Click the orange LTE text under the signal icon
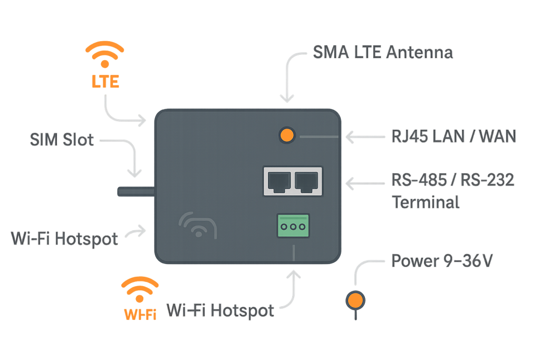pyautogui.click(x=105, y=82)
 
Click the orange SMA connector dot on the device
pyautogui.click(x=286, y=135)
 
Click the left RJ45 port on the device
pyautogui.click(x=278, y=181)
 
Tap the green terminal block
pyautogui.click(x=293, y=227)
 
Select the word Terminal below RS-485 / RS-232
pyautogui.click(x=426, y=202)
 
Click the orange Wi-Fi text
pyautogui.click(x=140, y=315)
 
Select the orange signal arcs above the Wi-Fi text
pyautogui.click(x=140, y=289)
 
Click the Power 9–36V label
pyautogui.click(x=442, y=260)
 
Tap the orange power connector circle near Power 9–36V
pyautogui.click(x=355, y=300)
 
